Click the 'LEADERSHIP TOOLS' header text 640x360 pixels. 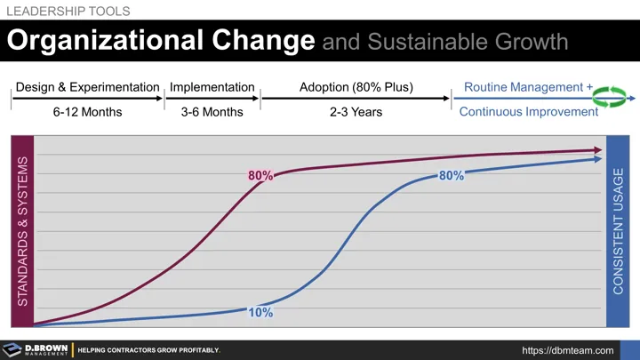click(68, 11)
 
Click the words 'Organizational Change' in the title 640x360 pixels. click(161, 42)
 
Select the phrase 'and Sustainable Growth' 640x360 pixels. click(444, 42)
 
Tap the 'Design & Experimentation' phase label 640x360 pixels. click(86, 87)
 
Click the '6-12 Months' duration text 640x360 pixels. click(86, 112)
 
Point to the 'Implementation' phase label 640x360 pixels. click(212, 87)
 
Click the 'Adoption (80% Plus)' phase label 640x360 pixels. click(356, 87)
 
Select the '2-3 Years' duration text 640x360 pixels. click(356, 112)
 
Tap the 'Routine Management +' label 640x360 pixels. click(528, 87)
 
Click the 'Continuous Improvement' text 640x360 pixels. click(528, 112)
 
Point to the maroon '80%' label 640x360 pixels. click(260, 176)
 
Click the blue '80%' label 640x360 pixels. click(452, 176)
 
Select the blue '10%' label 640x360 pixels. click(260, 313)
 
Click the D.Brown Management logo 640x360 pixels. click(35, 349)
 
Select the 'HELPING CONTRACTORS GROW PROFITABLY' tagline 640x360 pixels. click(148, 350)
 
